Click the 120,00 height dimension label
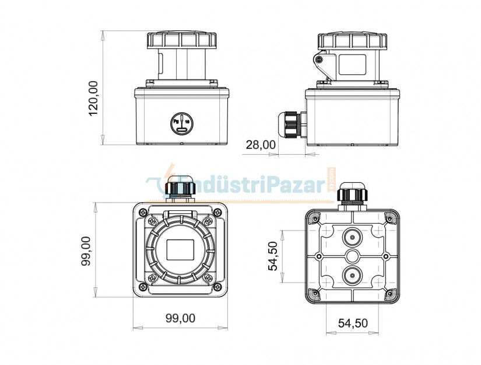(x=93, y=98)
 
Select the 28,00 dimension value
(x=260, y=144)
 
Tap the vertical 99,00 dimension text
(x=86, y=251)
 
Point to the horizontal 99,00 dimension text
(x=180, y=318)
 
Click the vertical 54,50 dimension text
(x=273, y=256)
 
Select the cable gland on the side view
(x=290, y=124)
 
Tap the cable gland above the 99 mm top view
(x=180, y=190)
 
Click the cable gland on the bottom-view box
(x=352, y=194)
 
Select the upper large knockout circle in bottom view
(x=352, y=237)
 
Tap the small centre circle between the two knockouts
(x=352, y=256)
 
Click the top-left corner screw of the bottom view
(x=315, y=219)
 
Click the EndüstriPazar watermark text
(x=245, y=185)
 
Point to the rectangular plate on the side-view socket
(x=352, y=64)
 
